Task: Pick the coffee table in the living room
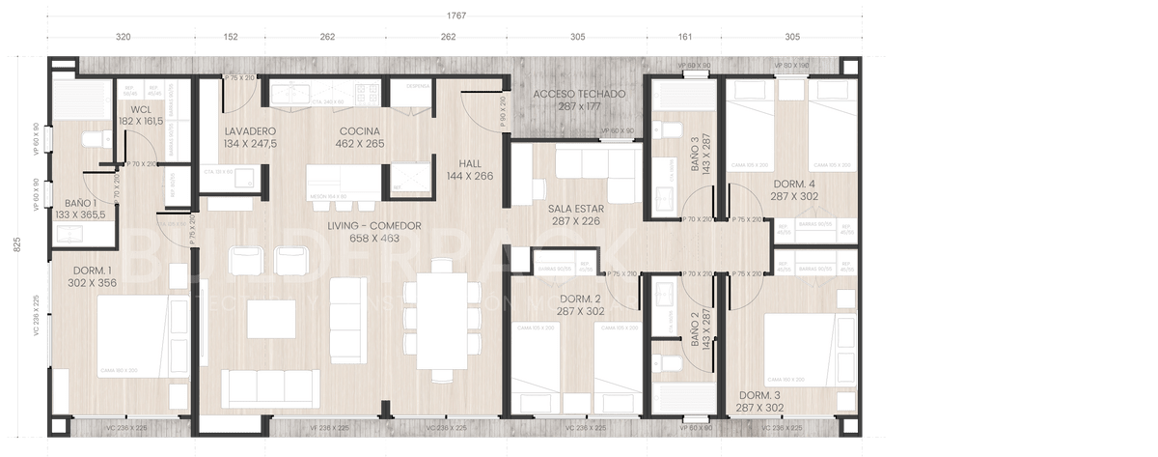pyautogui.click(x=270, y=319)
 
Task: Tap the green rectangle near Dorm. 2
pyautogui.click(x=556, y=257)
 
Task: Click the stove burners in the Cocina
pyautogui.click(x=368, y=94)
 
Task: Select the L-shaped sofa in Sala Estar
pyautogui.click(x=589, y=169)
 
